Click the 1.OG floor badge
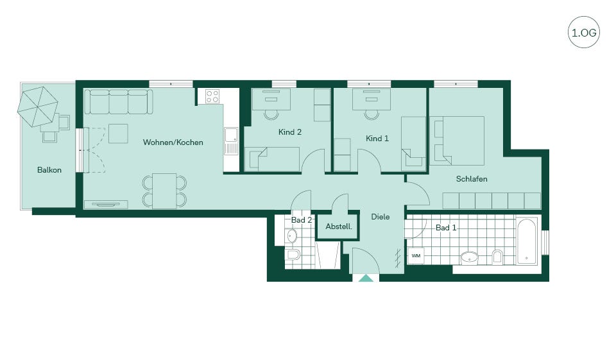tap(584, 32)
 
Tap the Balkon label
tap(49, 170)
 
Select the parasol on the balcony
tap(38, 107)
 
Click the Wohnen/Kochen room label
tap(173, 142)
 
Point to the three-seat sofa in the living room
tap(119, 101)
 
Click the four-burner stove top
tap(212, 96)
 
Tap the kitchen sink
tap(231, 141)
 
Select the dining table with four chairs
tap(164, 191)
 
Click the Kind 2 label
tap(290, 132)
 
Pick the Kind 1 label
tap(377, 139)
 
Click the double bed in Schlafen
tap(457, 141)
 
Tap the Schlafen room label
tap(472, 179)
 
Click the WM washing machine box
tap(416, 256)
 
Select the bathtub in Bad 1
tap(526, 240)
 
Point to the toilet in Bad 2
tap(293, 255)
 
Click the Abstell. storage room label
tap(339, 227)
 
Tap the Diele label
tap(381, 216)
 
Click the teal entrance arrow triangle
tap(366, 279)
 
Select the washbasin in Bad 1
tap(470, 257)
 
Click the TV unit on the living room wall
tap(106, 204)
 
